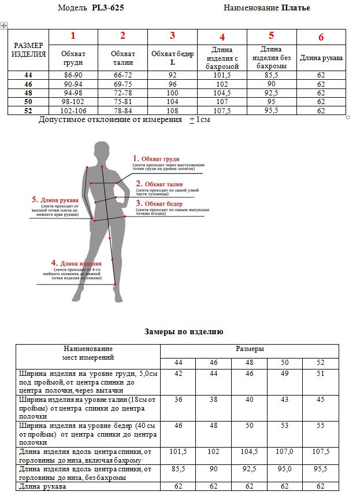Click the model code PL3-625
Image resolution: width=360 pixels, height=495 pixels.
[108, 8]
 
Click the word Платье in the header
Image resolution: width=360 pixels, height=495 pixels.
[296, 8]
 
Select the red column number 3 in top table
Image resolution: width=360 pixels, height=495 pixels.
[172, 36]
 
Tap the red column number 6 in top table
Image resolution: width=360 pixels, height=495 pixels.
[321, 38]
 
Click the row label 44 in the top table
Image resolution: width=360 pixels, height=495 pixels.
[28, 75]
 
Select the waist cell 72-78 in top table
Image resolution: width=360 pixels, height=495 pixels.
[123, 93]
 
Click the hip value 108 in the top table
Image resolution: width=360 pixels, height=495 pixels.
[172, 110]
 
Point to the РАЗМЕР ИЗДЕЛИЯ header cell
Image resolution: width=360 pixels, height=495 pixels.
[28, 50]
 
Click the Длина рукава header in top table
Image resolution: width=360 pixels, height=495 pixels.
[321, 58]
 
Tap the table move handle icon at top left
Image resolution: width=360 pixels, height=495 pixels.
[4, 26]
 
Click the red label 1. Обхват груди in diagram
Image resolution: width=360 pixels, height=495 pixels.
[157, 158]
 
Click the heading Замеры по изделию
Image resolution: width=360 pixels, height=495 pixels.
[183, 332]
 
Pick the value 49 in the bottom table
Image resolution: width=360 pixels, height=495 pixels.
[285, 374]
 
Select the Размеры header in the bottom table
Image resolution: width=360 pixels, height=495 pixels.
[250, 349]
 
